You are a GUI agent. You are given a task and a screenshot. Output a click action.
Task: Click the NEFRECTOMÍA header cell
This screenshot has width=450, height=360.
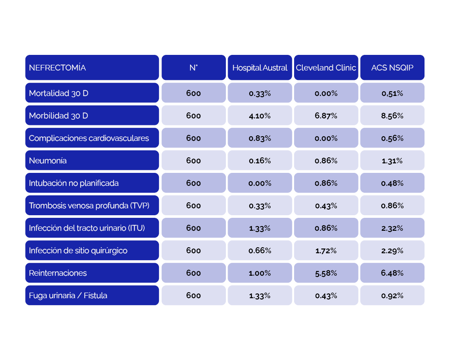pos(92,67)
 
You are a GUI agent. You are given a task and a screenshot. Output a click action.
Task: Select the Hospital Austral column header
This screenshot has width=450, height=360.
pos(260,67)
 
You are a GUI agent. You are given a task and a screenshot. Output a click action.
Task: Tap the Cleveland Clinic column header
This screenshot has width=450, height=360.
pos(326,67)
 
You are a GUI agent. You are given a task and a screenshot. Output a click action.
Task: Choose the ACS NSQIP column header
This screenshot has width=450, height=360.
pos(392,67)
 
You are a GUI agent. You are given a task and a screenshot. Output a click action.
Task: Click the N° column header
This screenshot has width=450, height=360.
pos(193,67)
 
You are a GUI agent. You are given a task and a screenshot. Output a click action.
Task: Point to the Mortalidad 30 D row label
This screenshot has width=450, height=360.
pos(92,93)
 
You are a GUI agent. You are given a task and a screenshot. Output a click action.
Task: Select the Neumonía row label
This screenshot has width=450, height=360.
pos(92,160)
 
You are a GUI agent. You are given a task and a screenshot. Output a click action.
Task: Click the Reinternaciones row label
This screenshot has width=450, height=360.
pos(92,273)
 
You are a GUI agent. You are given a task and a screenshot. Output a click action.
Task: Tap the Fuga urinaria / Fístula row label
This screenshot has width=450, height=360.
pos(92,295)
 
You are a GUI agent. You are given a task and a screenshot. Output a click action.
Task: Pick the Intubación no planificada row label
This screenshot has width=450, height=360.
pos(92,183)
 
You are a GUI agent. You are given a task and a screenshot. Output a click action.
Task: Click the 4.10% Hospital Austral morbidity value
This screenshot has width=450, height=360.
pos(260,115)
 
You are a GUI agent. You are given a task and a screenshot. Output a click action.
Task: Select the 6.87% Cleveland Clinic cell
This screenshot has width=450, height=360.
pos(326,115)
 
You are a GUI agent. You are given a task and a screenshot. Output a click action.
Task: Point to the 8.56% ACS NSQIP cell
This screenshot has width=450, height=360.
pos(392,115)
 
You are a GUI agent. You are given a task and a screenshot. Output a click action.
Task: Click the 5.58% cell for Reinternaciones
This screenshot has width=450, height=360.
pos(326,273)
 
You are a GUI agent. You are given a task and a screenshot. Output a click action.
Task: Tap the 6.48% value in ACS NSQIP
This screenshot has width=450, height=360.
pos(392,273)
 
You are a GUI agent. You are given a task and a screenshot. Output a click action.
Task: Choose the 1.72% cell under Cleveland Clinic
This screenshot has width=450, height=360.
pos(326,250)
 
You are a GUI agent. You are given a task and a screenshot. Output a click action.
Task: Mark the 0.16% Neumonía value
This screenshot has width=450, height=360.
pos(260,160)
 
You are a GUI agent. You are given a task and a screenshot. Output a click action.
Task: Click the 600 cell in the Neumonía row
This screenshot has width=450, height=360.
pos(193,160)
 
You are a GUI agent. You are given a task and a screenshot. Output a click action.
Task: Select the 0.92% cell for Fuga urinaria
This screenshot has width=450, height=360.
pos(392,295)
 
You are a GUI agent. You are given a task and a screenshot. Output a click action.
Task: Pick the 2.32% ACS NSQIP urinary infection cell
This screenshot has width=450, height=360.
pos(392,228)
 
